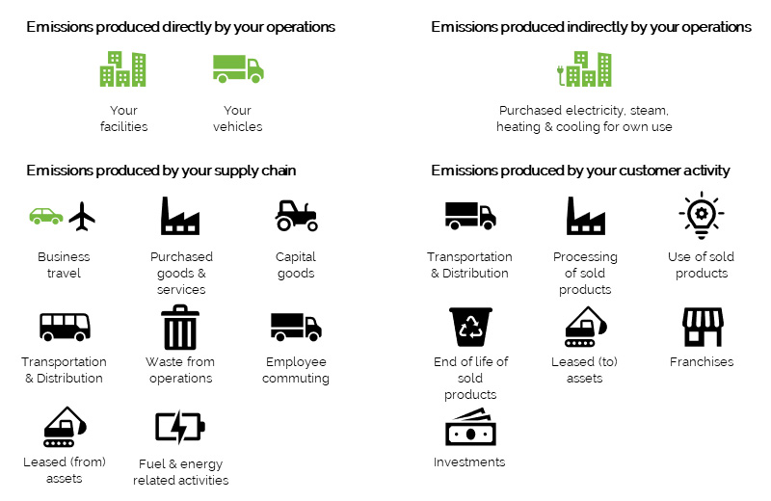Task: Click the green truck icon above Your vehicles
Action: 238,68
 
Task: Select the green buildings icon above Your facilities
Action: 123,68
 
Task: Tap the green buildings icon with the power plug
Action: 584,68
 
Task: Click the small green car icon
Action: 46,217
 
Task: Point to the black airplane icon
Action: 82,216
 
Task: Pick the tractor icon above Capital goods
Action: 296,216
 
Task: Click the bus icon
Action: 65,327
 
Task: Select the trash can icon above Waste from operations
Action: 180,327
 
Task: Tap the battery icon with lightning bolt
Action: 180,427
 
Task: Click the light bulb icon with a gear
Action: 702,216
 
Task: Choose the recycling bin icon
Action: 470,327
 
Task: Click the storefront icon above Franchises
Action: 703,327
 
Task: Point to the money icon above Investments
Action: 470,428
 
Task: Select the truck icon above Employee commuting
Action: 296,327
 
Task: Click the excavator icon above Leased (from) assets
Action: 65,427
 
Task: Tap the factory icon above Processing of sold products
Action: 586,216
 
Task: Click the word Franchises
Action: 702,362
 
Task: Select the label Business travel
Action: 64,265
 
